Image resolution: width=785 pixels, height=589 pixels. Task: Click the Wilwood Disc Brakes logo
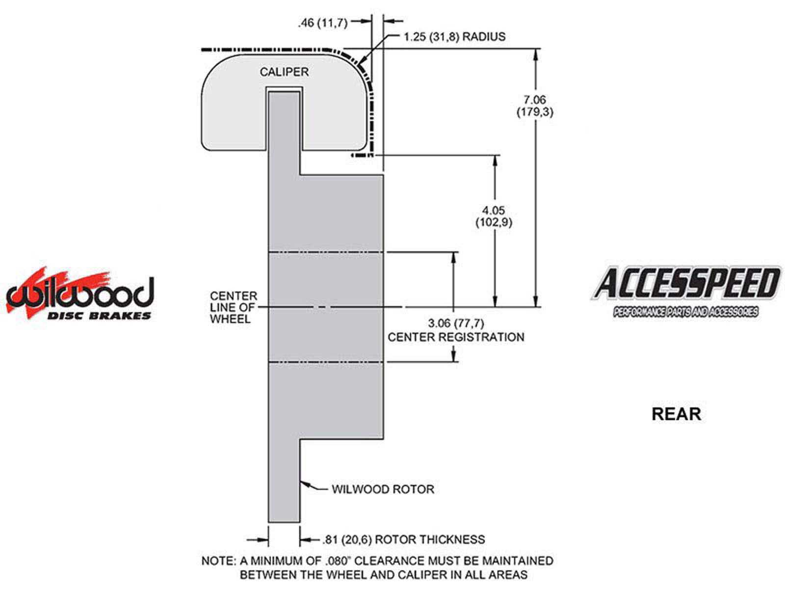click(x=79, y=294)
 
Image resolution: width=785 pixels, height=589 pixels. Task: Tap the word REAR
click(x=676, y=414)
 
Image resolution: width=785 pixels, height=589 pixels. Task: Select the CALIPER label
click(x=284, y=72)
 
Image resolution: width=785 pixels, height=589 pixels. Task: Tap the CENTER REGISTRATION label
click(x=456, y=337)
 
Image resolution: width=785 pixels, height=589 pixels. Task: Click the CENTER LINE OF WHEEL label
click(x=234, y=307)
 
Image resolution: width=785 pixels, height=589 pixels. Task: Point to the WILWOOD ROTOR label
click(x=383, y=489)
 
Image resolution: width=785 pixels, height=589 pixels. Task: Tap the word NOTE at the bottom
click(x=217, y=561)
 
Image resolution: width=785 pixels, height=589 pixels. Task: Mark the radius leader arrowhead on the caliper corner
click(x=361, y=63)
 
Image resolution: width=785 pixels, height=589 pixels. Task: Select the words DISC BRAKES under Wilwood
click(x=99, y=316)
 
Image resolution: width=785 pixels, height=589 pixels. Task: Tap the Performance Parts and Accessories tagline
click(x=685, y=312)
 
